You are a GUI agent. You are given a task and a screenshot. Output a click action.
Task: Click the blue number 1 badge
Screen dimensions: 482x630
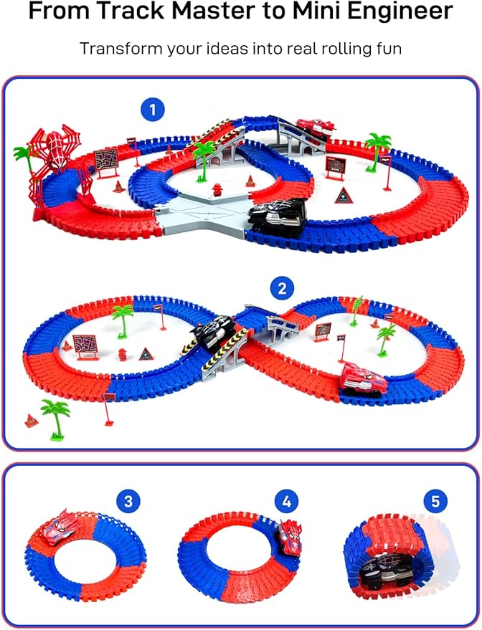coord(152,110)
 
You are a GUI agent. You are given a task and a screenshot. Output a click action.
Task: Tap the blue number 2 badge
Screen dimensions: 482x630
coord(282,289)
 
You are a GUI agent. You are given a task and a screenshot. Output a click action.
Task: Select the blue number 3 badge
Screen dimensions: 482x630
coord(128,502)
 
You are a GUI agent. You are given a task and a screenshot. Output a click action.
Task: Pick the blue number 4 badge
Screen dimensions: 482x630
coord(287,502)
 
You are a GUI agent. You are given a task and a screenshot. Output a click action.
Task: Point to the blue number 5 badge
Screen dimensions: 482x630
coord(435,502)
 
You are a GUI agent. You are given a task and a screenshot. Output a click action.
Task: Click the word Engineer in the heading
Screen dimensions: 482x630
coord(400,12)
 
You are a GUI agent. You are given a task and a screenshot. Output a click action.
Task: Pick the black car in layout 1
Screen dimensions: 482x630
coord(278,218)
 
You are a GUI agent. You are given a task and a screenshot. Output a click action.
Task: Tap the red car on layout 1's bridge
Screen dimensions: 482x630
coord(316,128)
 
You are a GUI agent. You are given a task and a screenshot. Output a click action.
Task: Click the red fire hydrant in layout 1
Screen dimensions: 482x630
coord(217,189)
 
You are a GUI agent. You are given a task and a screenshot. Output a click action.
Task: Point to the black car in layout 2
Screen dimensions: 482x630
coord(212,331)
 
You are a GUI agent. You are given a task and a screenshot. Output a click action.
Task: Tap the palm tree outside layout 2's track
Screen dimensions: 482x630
coord(55,419)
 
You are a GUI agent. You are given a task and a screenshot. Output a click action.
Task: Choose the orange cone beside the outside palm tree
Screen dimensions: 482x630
coord(32,420)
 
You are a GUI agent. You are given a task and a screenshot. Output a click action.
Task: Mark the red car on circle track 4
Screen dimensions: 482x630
coord(290,538)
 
